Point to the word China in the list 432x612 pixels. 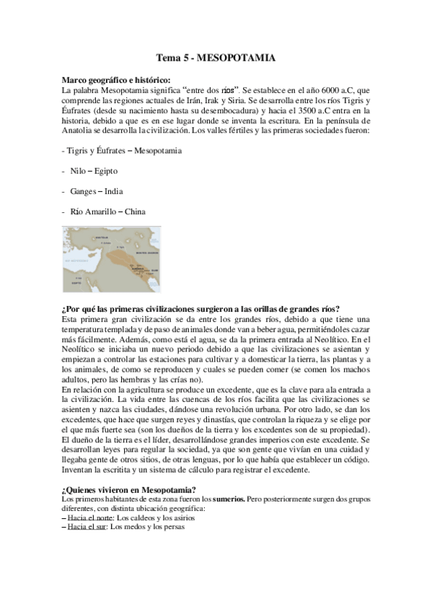coord(135,211)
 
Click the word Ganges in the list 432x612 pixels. coord(83,191)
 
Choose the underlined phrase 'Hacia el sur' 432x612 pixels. coord(87,527)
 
